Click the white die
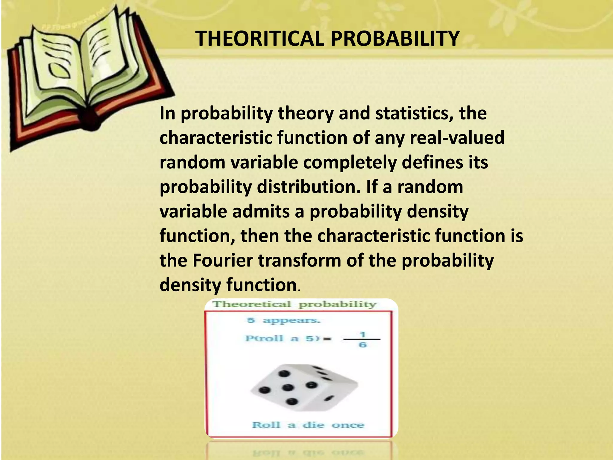[x=304, y=388]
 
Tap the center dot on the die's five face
[x=288, y=387]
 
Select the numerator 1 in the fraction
[x=362, y=334]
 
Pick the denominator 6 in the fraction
[x=362, y=345]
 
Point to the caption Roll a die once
[x=308, y=425]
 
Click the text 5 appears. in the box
[x=283, y=320]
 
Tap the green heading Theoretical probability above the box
[x=294, y=305]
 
